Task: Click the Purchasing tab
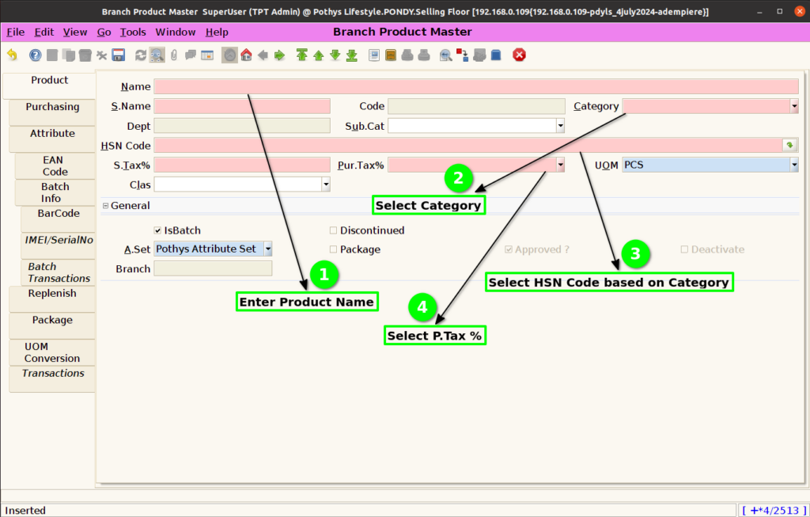[x=52, y=107]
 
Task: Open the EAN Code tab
[x=55, y=166]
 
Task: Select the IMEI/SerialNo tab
[x=59, y=240]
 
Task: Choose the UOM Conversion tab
[x=52, y=352]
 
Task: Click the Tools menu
[x=133, y=32]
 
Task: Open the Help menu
[x=217, y=32]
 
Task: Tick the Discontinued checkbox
[x=333, y=230]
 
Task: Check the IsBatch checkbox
[x=157, y=230]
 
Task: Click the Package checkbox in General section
[x=333, y=249]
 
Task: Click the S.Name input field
[x=242, y=107]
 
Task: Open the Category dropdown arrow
[x=794, y=107]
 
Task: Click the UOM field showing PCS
[x=706, y=165]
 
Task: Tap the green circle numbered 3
[x=635, y=254]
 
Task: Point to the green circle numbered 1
[x=324, y=275]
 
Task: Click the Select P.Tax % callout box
[x=435, y=336]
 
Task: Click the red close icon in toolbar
[x=519, y=55]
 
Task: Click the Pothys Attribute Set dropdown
[x=213, y=249]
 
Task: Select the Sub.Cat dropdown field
[x=475, y=126]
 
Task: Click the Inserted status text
[x=25, y=511]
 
